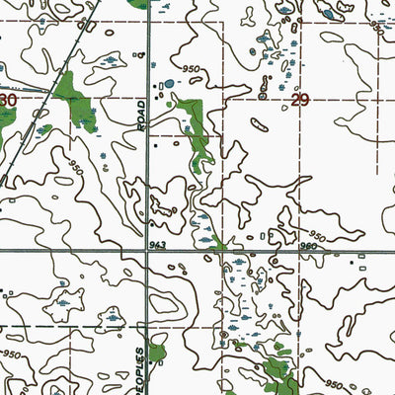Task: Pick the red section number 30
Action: click(x=8, y=101)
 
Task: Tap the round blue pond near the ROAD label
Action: click(x=169, y=84)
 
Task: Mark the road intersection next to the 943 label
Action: click(x=148, y=251)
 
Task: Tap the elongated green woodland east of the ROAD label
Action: click(x=198, y=133)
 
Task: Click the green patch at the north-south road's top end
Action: click(x=143, y=4)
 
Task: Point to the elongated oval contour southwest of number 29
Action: click(x=258, y=123)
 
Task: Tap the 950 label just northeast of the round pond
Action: click(x=190, y=70)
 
